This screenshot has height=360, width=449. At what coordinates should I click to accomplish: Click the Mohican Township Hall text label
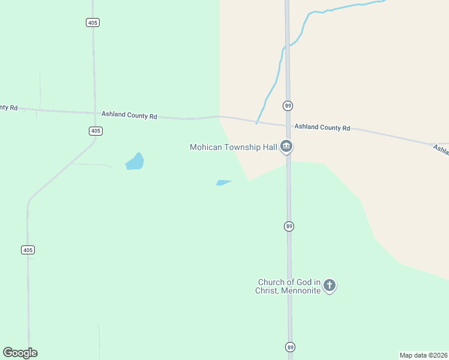click(x=234, y=147)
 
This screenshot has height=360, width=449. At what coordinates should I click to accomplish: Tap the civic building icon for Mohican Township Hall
click(x=287, y=146)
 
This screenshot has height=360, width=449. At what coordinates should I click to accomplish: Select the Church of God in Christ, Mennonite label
click(x=289, y=286)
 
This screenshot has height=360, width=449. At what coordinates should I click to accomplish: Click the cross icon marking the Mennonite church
click(x=330, y=286)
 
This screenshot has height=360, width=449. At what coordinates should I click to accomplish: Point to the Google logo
click(x=20, y=353)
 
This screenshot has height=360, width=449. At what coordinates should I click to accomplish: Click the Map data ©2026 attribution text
click(x=424, y=355)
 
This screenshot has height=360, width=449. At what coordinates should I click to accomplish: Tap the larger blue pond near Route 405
click(x=135, y=162)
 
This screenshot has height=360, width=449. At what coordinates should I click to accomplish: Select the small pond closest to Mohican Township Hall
click(x=223, y=182)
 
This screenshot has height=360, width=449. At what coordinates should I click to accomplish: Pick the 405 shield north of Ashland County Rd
click(x=92, y=22)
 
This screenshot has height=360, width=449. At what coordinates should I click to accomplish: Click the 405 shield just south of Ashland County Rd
click(x=95, y=131)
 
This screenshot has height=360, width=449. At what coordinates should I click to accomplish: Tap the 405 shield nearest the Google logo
click(x=28, y=250)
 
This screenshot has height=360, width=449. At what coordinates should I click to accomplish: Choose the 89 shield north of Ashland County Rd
click(x=288, y=106)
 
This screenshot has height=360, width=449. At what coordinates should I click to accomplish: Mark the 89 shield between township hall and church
click(x=289, y=226)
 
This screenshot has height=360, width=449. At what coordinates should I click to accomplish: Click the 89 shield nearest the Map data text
click(x=291, y=347)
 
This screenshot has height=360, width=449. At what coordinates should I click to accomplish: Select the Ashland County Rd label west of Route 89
click(x=129, y=115)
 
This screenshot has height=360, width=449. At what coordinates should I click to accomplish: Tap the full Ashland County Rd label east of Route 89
click(x=322, y=127)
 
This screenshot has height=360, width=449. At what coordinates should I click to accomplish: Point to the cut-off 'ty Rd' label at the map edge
click(x=8, y=107)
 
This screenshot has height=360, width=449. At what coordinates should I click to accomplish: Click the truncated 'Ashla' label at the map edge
click(x=441, y=151)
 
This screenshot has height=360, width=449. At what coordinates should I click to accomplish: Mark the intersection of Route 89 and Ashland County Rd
click(x=288, y=125)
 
